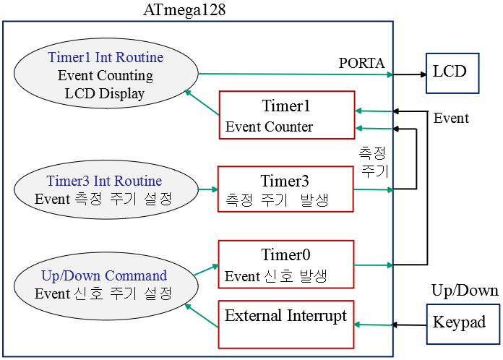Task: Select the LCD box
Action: [x=452, y=72]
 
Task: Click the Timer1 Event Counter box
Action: [x=286, y=115]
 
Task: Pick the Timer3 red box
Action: [x=285, y=189]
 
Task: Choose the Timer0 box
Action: [x=285, y=264]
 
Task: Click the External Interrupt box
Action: [x=285, y=324]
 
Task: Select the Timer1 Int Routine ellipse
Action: [x=106, y=75]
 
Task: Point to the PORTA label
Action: [x=362, y=63]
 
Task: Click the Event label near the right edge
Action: [x=451, y=119]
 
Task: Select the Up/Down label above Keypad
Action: [x=465, y=291]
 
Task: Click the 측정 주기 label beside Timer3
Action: [x=374, y=162]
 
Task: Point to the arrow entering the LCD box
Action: [x=409, y=74]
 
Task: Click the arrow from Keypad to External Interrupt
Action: [x=390, y=325]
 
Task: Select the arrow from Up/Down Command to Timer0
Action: [x=205, y=270]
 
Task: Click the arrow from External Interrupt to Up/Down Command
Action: [x=202, y=316]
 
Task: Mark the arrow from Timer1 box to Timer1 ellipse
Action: [x=202, y=103]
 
